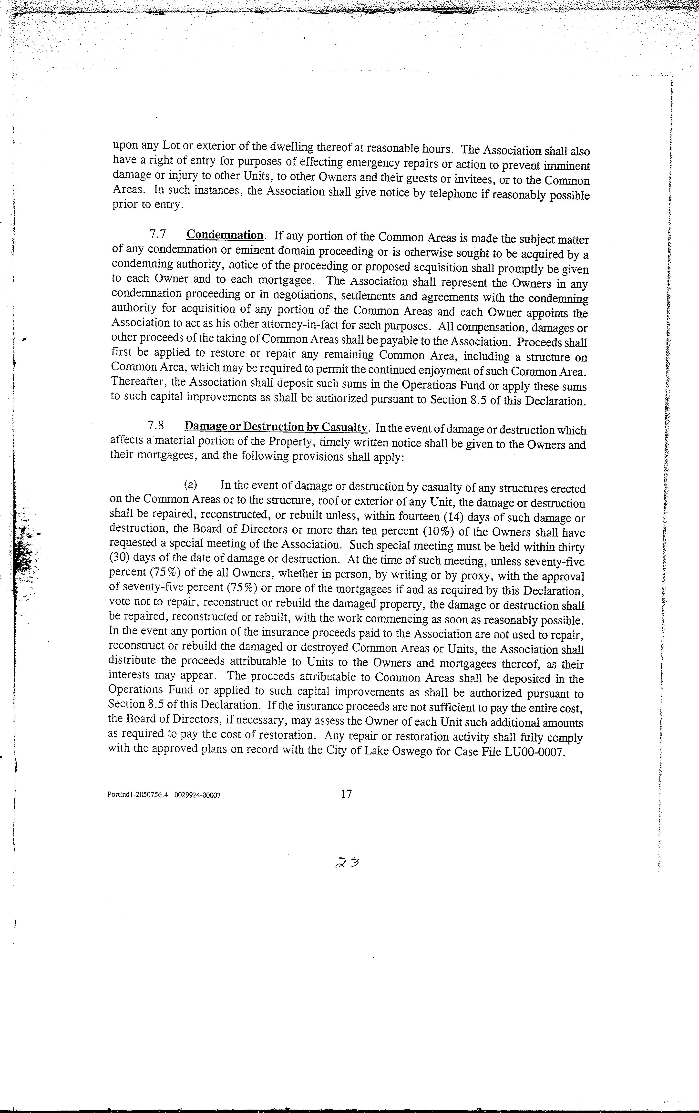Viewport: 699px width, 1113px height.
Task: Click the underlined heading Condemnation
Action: pyautogui.click(x=225, y=235)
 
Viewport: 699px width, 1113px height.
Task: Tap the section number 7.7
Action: pyautogui.click(x=158, y=234)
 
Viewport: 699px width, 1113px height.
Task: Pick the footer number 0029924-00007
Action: pyautogui.click(x=197, y=796)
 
